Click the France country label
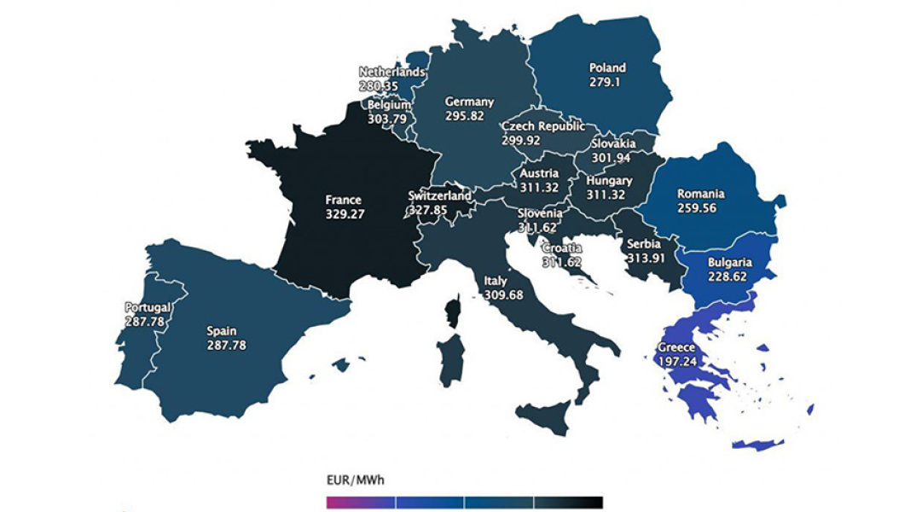pos(344,201)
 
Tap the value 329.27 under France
pos(345,215)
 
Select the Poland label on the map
pos(607,68)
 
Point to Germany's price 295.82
pos(469,116)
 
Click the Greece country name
pos(676,348)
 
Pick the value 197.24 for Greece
pos(678,362)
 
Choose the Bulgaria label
pos(730,263)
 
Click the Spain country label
pos(222,331)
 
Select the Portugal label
pos(148,307)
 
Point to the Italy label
pos(496,280)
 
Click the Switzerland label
pos(439,195)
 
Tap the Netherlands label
pos(391,73)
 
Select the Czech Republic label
pos(543,126)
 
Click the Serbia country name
pos(644,246)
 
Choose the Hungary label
pos(609,181)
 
